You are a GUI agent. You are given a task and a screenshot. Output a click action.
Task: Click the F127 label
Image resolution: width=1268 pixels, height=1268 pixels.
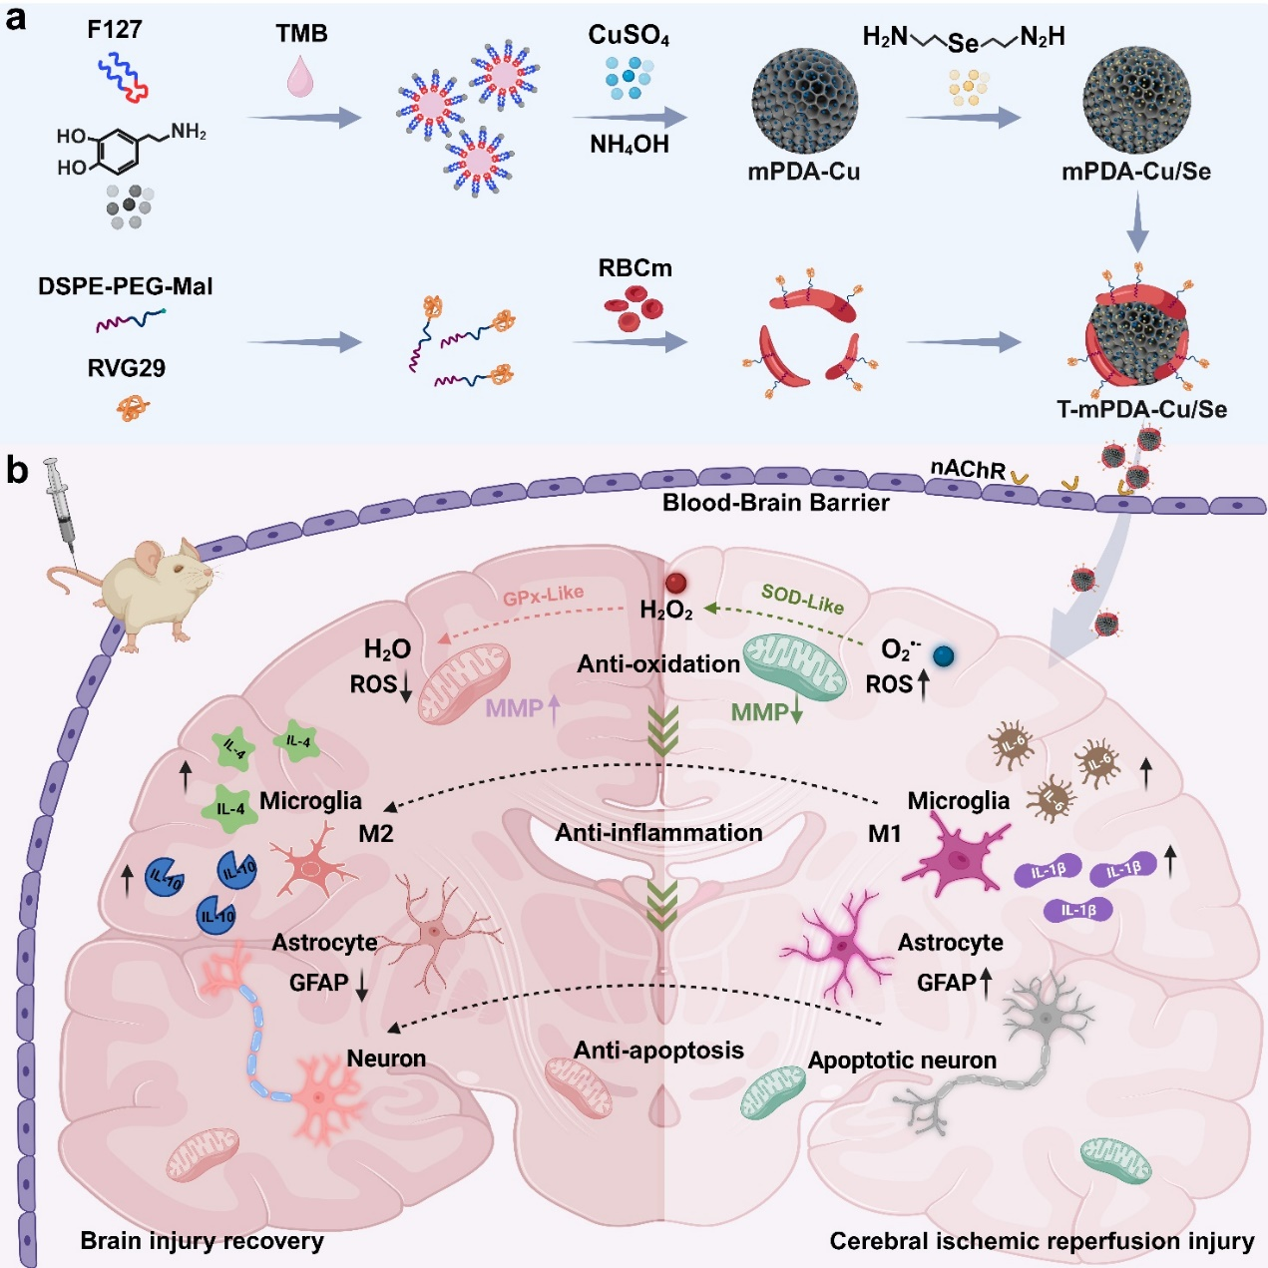tap(114, 29)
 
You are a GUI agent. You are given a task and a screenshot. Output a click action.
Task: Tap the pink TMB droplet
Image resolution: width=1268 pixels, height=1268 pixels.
tap(300, 77)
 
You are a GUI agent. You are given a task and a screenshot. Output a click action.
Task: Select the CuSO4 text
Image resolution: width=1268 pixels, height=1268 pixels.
tap(629, 36)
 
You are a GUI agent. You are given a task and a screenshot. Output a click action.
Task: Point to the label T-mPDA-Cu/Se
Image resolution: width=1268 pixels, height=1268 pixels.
tap(1141, 409)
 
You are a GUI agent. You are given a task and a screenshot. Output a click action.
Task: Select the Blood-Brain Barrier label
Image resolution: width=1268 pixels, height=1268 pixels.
tap(775, 503)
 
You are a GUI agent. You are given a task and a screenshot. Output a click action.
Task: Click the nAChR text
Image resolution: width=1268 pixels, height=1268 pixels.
tap(967, 468)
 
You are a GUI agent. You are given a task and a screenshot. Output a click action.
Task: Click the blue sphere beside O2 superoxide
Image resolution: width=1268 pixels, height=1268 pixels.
tap(943, 655)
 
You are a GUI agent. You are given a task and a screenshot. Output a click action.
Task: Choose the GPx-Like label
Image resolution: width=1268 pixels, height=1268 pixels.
tap(543, 597)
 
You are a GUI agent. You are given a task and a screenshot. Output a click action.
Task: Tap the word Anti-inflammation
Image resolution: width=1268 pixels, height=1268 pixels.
tap(658, 833)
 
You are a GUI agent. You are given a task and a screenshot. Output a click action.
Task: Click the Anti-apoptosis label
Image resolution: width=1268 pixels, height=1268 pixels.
tap(658, 1051)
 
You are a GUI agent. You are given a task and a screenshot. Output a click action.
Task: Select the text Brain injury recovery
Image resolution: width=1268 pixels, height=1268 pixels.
tap(202, 1241)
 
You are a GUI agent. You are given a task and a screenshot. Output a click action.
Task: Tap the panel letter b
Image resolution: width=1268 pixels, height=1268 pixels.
tap(17, 470)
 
